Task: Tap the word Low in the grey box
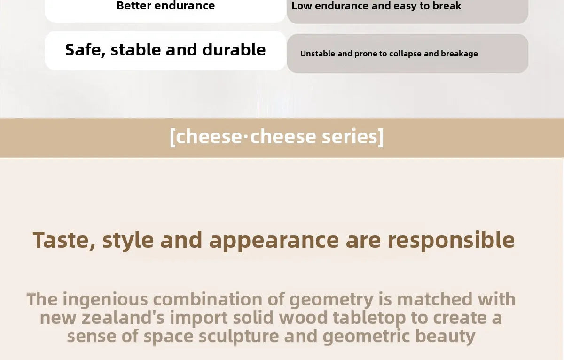point(301,6)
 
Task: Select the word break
point(446,6)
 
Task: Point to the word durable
point(234,49)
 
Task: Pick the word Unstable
point(318,54)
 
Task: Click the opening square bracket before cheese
point(172,137)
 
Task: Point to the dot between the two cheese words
point(246,137)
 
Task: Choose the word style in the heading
point(128,241)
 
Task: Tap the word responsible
point(451,241)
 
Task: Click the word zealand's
point(123,317)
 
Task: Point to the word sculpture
point(239,337)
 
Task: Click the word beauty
point(445,337)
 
